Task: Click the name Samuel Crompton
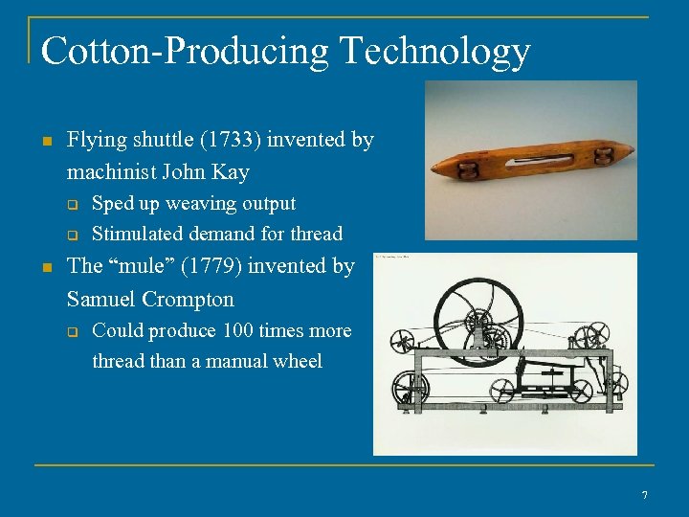150,299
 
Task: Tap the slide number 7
644,495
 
